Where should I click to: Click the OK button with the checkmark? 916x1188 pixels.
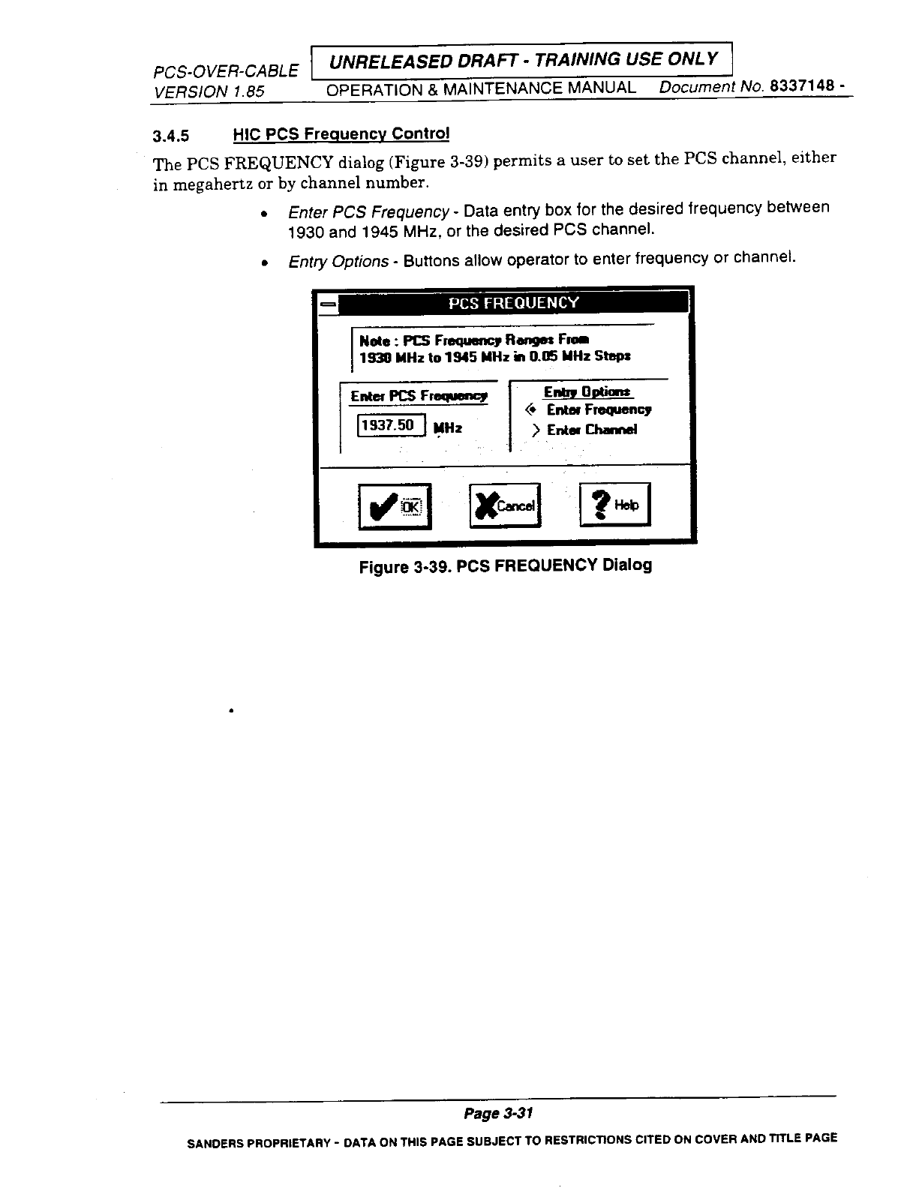pos(395,506)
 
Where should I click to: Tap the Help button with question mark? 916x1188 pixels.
pos(615,505)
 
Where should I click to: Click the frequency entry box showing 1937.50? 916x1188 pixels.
pos(391,425)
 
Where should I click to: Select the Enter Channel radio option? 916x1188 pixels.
pos(536,430)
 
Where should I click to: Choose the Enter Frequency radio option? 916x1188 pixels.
pos(532,409)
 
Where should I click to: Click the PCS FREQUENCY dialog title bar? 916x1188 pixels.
pos(513,303)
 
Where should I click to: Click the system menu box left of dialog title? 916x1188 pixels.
pos(327,304)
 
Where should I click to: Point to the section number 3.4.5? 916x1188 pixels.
pos(171,136)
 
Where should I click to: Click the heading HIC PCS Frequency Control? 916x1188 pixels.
pos(341,134)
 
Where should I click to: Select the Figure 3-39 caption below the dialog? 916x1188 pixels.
pos(505,565)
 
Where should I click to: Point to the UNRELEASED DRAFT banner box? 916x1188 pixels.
pos(520,59)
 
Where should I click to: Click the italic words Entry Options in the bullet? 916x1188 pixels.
pos(338,261)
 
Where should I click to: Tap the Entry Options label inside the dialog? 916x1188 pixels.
pos(588,392)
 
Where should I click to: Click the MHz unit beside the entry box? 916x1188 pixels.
pos(448,427)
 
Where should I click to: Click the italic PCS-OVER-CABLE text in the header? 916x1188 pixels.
pos(225,72)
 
